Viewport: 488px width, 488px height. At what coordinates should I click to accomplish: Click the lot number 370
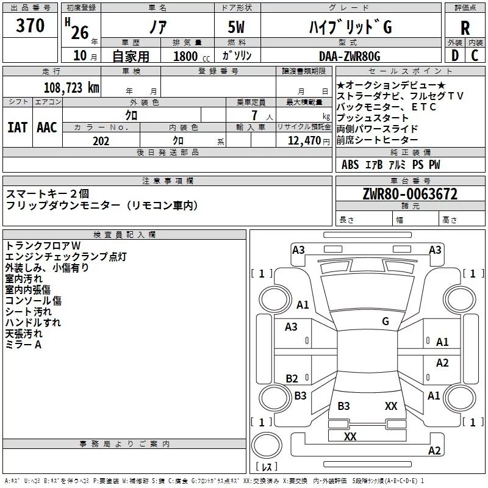[30, 26]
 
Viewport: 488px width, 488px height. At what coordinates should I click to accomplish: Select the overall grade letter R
[465, 28]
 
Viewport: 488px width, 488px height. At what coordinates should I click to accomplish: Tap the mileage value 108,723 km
[71, 88]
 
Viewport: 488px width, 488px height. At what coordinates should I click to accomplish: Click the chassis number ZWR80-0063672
[410, 194]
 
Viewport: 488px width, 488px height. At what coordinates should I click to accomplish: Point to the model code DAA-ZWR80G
[350, 56]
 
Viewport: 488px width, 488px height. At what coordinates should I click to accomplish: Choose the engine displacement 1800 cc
[192, 57]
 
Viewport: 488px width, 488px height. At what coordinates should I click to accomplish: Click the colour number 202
[101, 141]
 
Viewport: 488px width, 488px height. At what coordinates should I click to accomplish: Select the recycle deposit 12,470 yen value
[309, 141]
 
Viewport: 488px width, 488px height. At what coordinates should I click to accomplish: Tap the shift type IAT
[18, 127]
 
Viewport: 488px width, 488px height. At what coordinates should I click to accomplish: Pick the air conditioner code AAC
[47, 127]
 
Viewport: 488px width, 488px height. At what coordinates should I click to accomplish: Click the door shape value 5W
[236, 27]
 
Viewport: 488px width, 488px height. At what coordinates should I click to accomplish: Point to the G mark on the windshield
[386, 321]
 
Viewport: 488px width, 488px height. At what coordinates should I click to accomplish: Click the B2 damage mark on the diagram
[292, 378]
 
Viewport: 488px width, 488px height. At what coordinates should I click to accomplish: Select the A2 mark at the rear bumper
[434, 450]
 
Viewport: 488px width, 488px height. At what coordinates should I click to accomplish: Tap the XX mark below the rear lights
[350, 436]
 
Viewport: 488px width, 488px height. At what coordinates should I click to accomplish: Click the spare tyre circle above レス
[267, 445]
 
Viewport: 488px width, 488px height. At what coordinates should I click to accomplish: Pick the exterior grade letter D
[455, 56]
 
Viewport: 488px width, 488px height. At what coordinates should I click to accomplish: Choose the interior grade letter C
[475, 56]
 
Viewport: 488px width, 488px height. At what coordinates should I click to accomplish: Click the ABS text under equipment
[350, 164]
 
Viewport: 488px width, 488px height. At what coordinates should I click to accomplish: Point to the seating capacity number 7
[254, 115]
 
